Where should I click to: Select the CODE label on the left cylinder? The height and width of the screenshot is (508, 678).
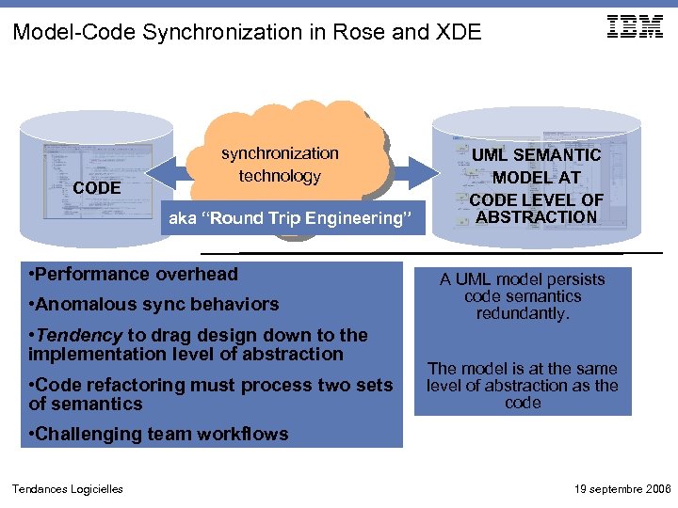click(97, 188)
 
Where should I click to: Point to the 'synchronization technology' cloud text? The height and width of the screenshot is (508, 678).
click(280, 165)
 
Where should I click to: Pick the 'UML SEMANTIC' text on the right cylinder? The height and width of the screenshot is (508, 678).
click(536, 155)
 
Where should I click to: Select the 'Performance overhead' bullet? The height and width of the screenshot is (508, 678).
click(134, 275)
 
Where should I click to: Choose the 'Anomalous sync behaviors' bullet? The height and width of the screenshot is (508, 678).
click(153, 305)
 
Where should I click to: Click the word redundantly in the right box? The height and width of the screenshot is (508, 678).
click(523, 314)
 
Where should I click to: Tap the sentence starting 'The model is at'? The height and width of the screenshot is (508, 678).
click(523, 385)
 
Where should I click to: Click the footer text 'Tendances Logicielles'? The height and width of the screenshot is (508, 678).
click(67, 488)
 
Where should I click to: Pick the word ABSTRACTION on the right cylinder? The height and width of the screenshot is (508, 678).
click(536, 217)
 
